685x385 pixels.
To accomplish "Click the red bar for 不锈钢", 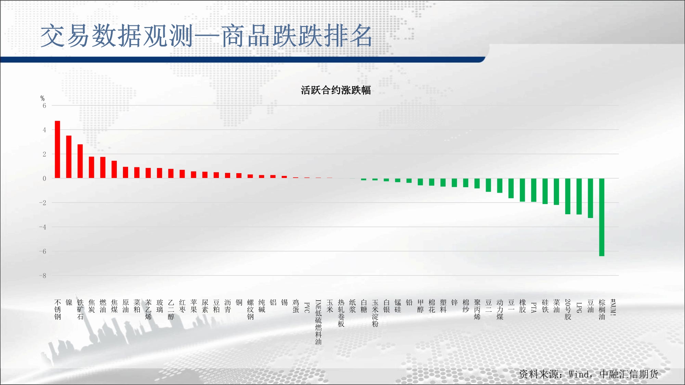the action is click(58, 150).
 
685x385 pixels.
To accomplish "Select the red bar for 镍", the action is click(69, 157).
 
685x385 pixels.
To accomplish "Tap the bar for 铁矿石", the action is click(80, 161).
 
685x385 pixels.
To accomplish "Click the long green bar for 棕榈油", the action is click(602, 217).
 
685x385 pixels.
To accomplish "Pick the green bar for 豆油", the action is click(590, 198).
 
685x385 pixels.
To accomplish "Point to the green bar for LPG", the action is click(579, 196).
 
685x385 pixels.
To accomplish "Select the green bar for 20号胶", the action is click(568, 196).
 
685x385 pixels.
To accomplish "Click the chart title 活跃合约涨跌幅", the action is click(336, 90).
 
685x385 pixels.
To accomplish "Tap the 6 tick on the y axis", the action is click(44, 106).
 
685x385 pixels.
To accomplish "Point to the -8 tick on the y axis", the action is click(42, 276).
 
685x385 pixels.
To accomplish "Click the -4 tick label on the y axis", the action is click(42, 227).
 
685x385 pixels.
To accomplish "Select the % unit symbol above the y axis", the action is click(42, 99).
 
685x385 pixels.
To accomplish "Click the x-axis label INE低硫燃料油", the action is click(319, 322).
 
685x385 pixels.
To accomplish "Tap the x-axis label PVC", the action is click(307, 308).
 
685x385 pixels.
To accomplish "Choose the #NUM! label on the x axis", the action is click(613, 307).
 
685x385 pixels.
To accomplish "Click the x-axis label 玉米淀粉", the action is click(375, 313).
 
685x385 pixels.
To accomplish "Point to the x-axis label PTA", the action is click(534, 307).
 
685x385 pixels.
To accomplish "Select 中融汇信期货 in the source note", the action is click(629, 374).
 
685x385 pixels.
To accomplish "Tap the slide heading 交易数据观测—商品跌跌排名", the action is click(207, 36).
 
